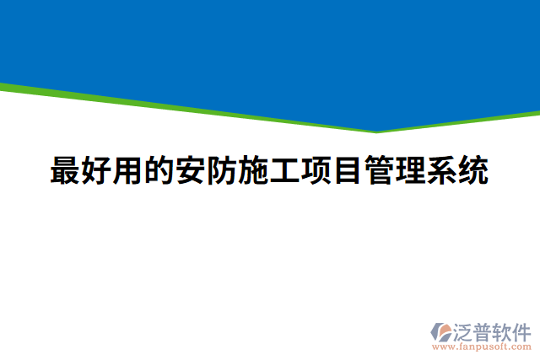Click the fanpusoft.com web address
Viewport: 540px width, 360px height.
tap(481, 346)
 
